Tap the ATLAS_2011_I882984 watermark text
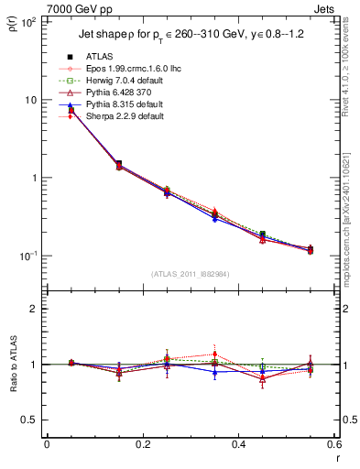tap(190, 274)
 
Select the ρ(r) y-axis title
tap(12, 26)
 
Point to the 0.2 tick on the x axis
tap(142, 446)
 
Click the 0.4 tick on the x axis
tap(237, 446)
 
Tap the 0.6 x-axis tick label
tap(333, 446)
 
